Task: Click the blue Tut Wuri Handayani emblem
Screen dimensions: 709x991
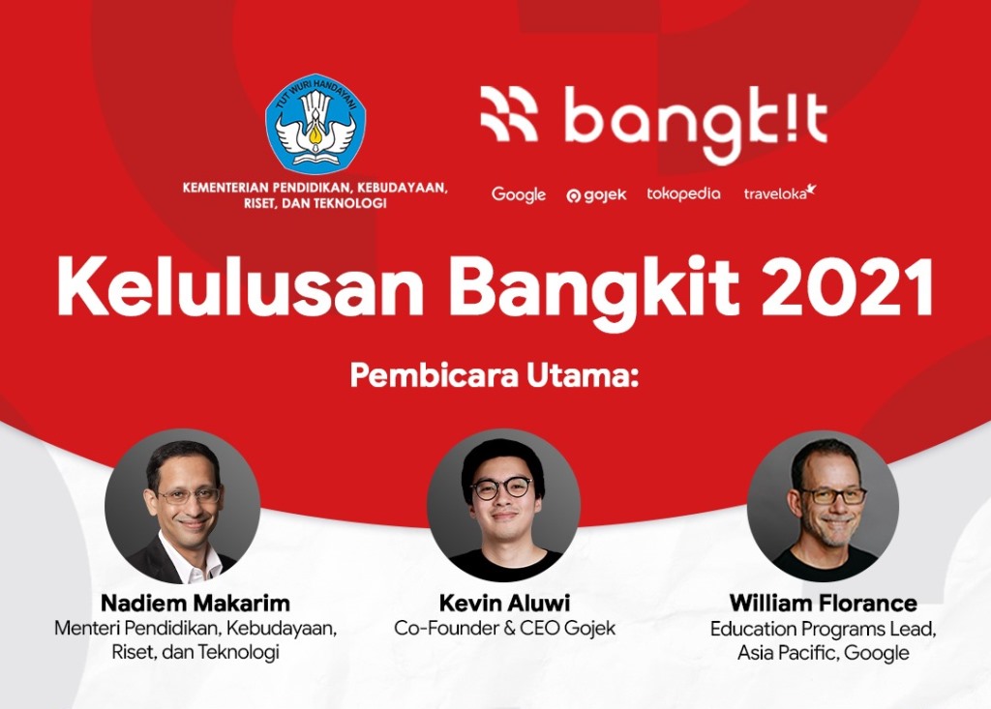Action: [315, 124]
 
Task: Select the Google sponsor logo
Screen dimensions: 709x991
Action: [519, 194]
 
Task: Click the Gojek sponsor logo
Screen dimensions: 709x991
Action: [596, 195]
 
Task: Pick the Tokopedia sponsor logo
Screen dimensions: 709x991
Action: [683, 193]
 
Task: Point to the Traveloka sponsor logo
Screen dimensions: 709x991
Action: [779, 192]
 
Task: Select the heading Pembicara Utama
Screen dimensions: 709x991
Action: [495, 374]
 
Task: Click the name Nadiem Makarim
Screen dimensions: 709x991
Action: [195, 603]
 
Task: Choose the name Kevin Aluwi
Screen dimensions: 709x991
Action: [504, 603]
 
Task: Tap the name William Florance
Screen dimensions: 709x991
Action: [823, 603]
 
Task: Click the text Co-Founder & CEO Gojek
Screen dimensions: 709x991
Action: [504, 628]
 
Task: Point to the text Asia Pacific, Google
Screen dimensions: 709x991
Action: [823, 653]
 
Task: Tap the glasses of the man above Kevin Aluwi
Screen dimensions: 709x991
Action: [501, 487]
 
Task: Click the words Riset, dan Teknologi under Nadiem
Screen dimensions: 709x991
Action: [195, 653]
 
